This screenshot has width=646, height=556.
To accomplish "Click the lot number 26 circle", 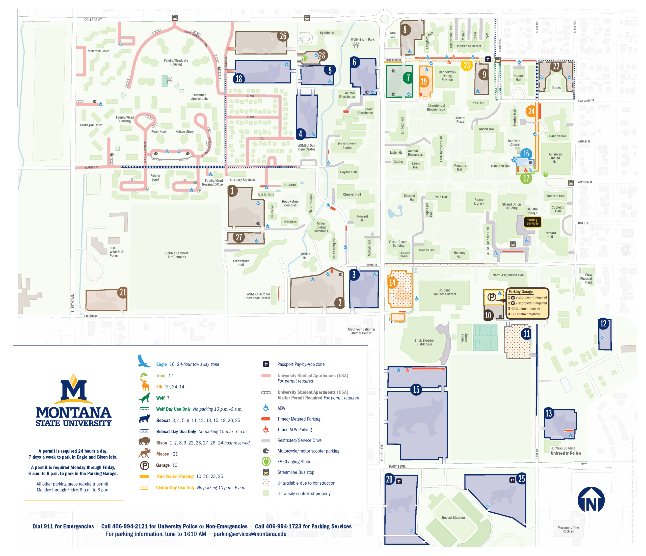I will pyautogui.click(x=283, y=36).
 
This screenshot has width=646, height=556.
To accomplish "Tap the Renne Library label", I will pyautogui.click(x=479, y=202).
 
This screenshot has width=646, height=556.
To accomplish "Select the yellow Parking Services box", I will pyautogui.click(x=532, y=221).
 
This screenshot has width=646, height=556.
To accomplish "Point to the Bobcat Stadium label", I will pyautogui.click(x=453, y=518).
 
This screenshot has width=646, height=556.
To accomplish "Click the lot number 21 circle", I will pyautogui.click(x=123, y=292).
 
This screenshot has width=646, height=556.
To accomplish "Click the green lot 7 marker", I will pyautogui.click(x=408, y=78).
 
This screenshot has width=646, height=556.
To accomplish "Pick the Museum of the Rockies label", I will pyautogui.click(x=568, y=530).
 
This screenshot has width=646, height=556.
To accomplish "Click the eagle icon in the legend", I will pyautogui.click(x=144, y=362).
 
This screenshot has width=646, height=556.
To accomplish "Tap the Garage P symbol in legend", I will pyautogui.click(x=144, y=465).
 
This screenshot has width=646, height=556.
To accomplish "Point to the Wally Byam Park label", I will pyautogui.click(x=362, y=40).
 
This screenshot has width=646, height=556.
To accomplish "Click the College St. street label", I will pyautogui.click(x=93, y=20).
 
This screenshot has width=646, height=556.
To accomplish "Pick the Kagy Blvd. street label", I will pyautogui.click(x=397, y=466).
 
